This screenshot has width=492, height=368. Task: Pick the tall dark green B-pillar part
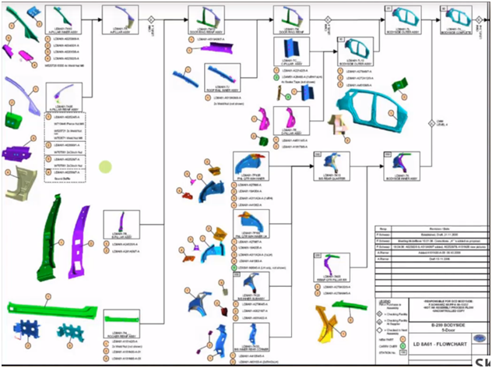[58, 242]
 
